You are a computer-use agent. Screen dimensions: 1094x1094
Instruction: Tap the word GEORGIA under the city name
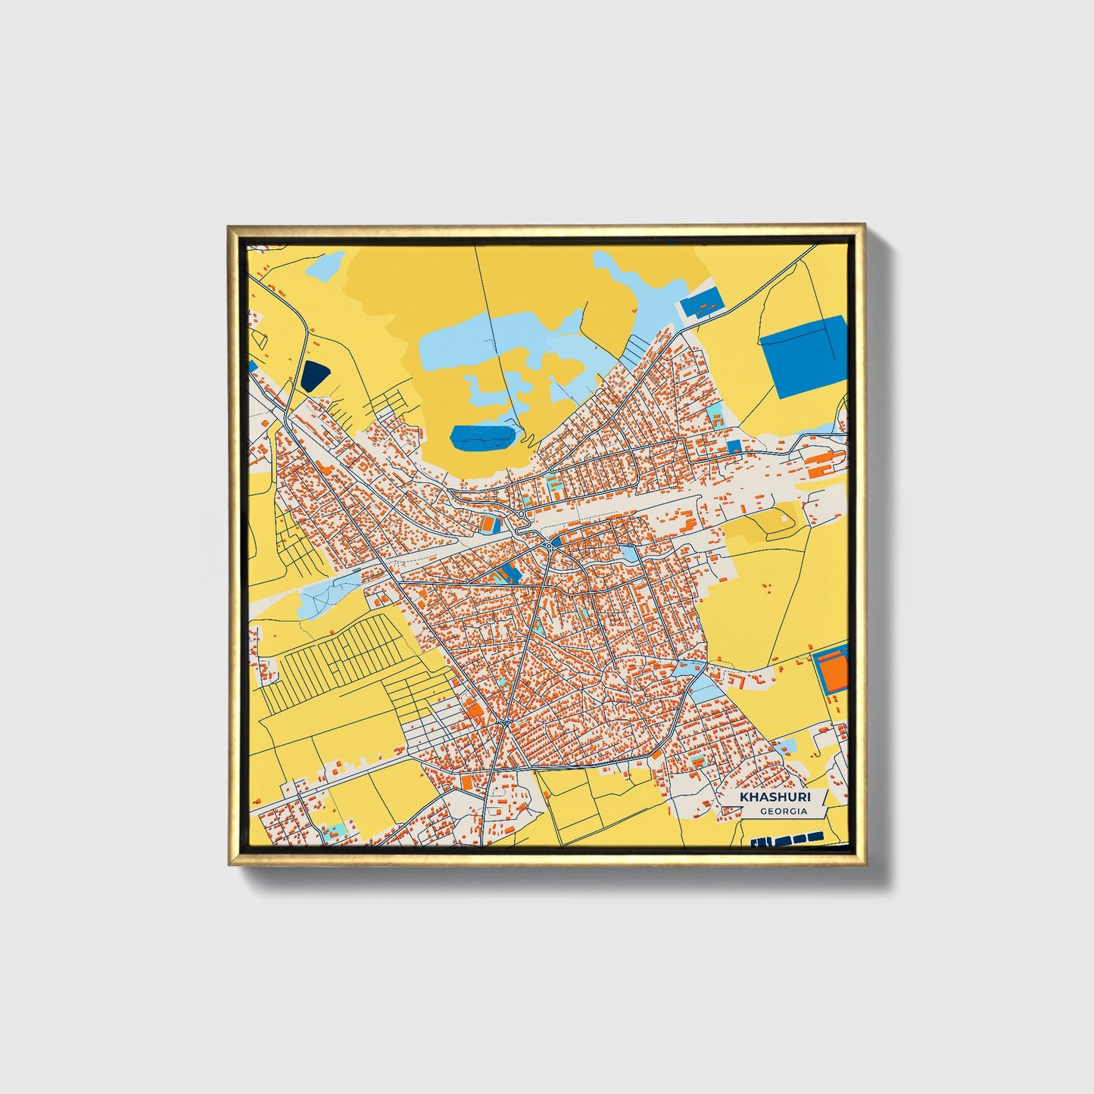click(784, 812)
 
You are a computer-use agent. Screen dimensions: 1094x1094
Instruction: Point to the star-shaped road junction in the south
click(504, 723)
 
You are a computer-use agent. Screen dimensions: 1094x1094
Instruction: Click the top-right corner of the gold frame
click(863, 225)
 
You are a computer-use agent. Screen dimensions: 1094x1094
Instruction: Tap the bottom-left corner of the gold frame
click(229, 864)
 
